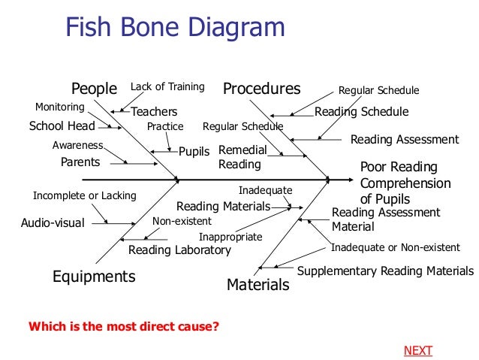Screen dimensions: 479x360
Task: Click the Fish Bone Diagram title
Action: (175, 29)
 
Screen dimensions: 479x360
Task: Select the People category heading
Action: (94, 89)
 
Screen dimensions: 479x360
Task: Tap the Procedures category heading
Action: (261, 89)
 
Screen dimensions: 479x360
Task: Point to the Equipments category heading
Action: (94, 277)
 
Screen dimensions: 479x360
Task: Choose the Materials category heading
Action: (258, 285)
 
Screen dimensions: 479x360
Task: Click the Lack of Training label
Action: (167, 87)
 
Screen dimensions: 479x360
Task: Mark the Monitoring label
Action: (60, 107)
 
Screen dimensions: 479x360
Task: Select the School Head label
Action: (62, 126)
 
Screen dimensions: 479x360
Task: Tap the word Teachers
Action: (154, 112)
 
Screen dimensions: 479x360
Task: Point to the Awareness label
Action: (78, 145)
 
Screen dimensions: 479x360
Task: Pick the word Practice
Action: (165, 126)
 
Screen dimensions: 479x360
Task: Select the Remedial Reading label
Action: (242, 157)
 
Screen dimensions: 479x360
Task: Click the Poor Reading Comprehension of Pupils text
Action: (405, 183)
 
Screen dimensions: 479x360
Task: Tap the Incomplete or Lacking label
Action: (84, 196)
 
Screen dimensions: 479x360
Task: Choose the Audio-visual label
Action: (53, 223)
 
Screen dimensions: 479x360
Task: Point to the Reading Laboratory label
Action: (179, 250)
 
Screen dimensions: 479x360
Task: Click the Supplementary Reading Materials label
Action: (386, 271)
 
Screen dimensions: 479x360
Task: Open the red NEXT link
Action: (418, 351)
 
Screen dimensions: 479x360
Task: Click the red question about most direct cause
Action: (124, 327)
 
